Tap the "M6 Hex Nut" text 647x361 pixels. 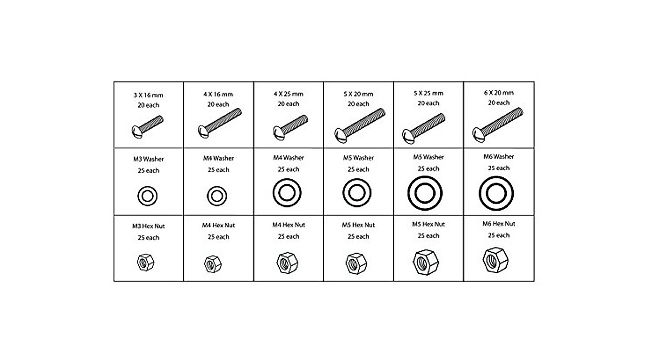click(499, 224)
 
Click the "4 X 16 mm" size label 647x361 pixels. click(218, 94)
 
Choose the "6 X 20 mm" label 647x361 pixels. click(499, 92)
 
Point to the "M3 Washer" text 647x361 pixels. click(149, 159)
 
